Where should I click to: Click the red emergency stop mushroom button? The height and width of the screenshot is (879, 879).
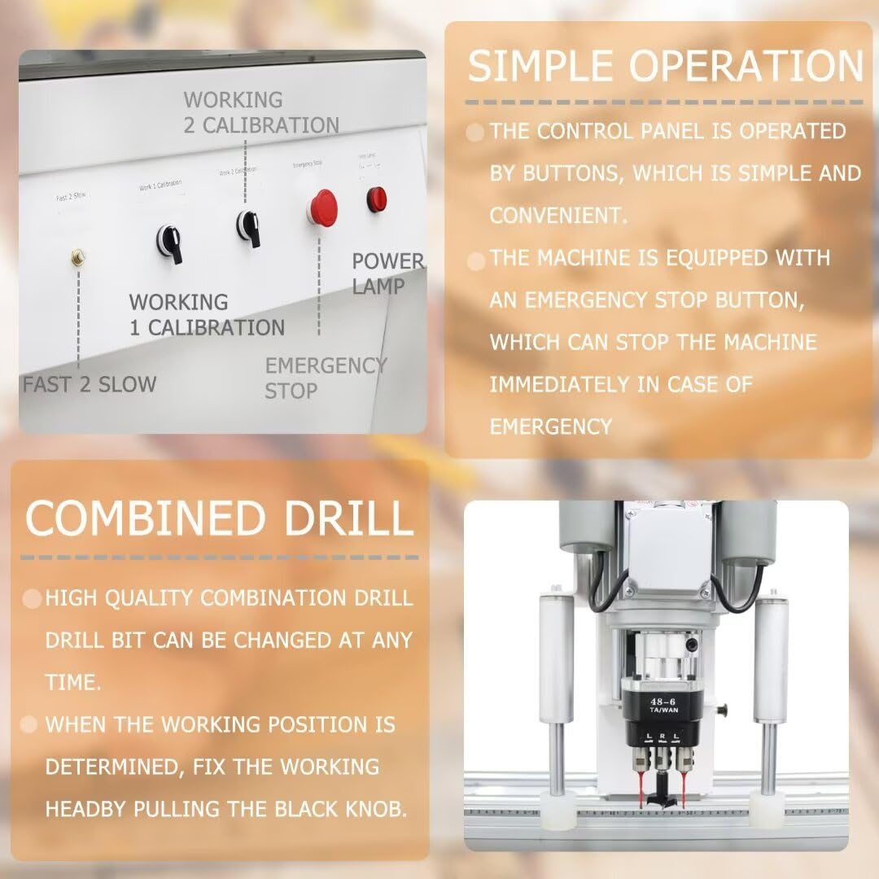tap(322, 207)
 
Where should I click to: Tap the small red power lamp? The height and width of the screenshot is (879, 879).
tap(376, 199)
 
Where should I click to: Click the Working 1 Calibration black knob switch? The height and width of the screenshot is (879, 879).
tap(169, 243)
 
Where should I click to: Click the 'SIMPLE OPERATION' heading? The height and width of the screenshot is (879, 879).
tap(665, 66)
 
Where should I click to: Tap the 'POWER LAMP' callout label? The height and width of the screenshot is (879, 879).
tap(387, 273)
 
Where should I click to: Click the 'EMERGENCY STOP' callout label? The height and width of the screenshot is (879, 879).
tap(324, 378)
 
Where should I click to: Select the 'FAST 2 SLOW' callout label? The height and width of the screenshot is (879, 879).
tap(90, 384)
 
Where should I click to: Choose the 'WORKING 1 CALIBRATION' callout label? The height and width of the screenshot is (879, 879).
tap(207, 314)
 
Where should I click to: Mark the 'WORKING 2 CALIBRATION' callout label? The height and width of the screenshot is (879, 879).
tap(260, 113)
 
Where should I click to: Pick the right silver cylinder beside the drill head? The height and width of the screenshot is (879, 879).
tap(769, 659)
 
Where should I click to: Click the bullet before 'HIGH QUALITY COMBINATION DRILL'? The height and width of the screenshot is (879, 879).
tap(32, 599)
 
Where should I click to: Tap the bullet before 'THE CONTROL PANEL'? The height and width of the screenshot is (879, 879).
tap(475, 133)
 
